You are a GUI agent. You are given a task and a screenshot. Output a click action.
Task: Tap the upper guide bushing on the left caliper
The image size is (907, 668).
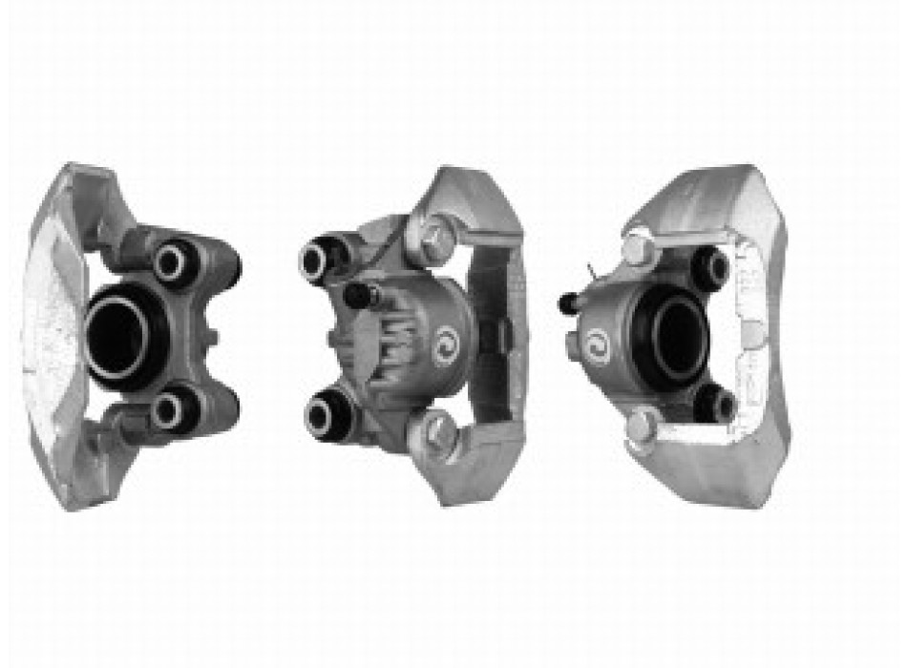175,261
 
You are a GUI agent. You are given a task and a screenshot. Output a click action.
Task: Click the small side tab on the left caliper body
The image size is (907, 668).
212,337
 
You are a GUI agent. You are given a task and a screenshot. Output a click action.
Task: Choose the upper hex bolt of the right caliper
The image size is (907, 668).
637,251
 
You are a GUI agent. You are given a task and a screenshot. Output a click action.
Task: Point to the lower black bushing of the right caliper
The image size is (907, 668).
714,405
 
